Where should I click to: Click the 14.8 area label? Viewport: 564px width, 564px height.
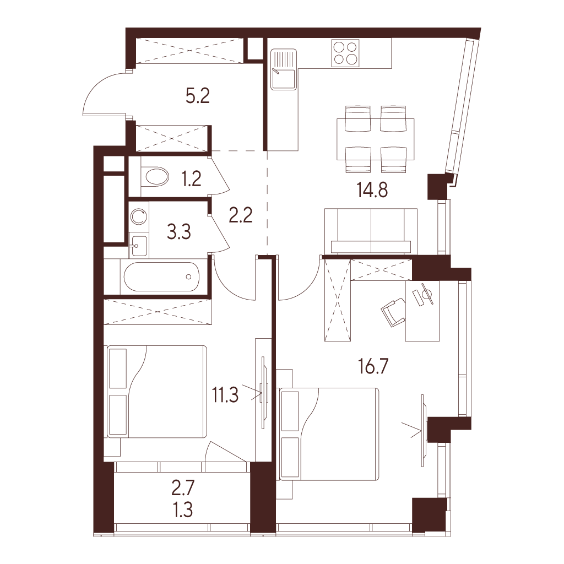[372, 190]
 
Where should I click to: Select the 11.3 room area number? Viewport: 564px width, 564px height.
[225, 395]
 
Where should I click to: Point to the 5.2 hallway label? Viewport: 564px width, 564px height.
[198, 96]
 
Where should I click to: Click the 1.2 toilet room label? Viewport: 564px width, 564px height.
[191, 178]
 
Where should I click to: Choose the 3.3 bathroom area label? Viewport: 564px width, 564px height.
[179, 232]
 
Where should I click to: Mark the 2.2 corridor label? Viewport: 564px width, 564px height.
[241, 215]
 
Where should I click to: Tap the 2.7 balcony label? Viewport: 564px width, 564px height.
[183, 488]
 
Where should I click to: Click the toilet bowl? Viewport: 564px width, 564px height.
[155, 177]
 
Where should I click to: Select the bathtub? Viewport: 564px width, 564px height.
[161, 276]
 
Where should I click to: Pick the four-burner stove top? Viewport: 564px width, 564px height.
[345, 53]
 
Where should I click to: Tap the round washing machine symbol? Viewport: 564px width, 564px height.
[139, 216]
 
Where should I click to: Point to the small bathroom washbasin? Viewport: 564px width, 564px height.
[138, 246]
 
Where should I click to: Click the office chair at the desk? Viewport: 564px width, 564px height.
[393, 312]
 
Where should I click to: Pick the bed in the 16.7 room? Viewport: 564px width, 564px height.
[329, 434]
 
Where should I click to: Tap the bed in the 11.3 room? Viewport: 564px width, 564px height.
[157, 392]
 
